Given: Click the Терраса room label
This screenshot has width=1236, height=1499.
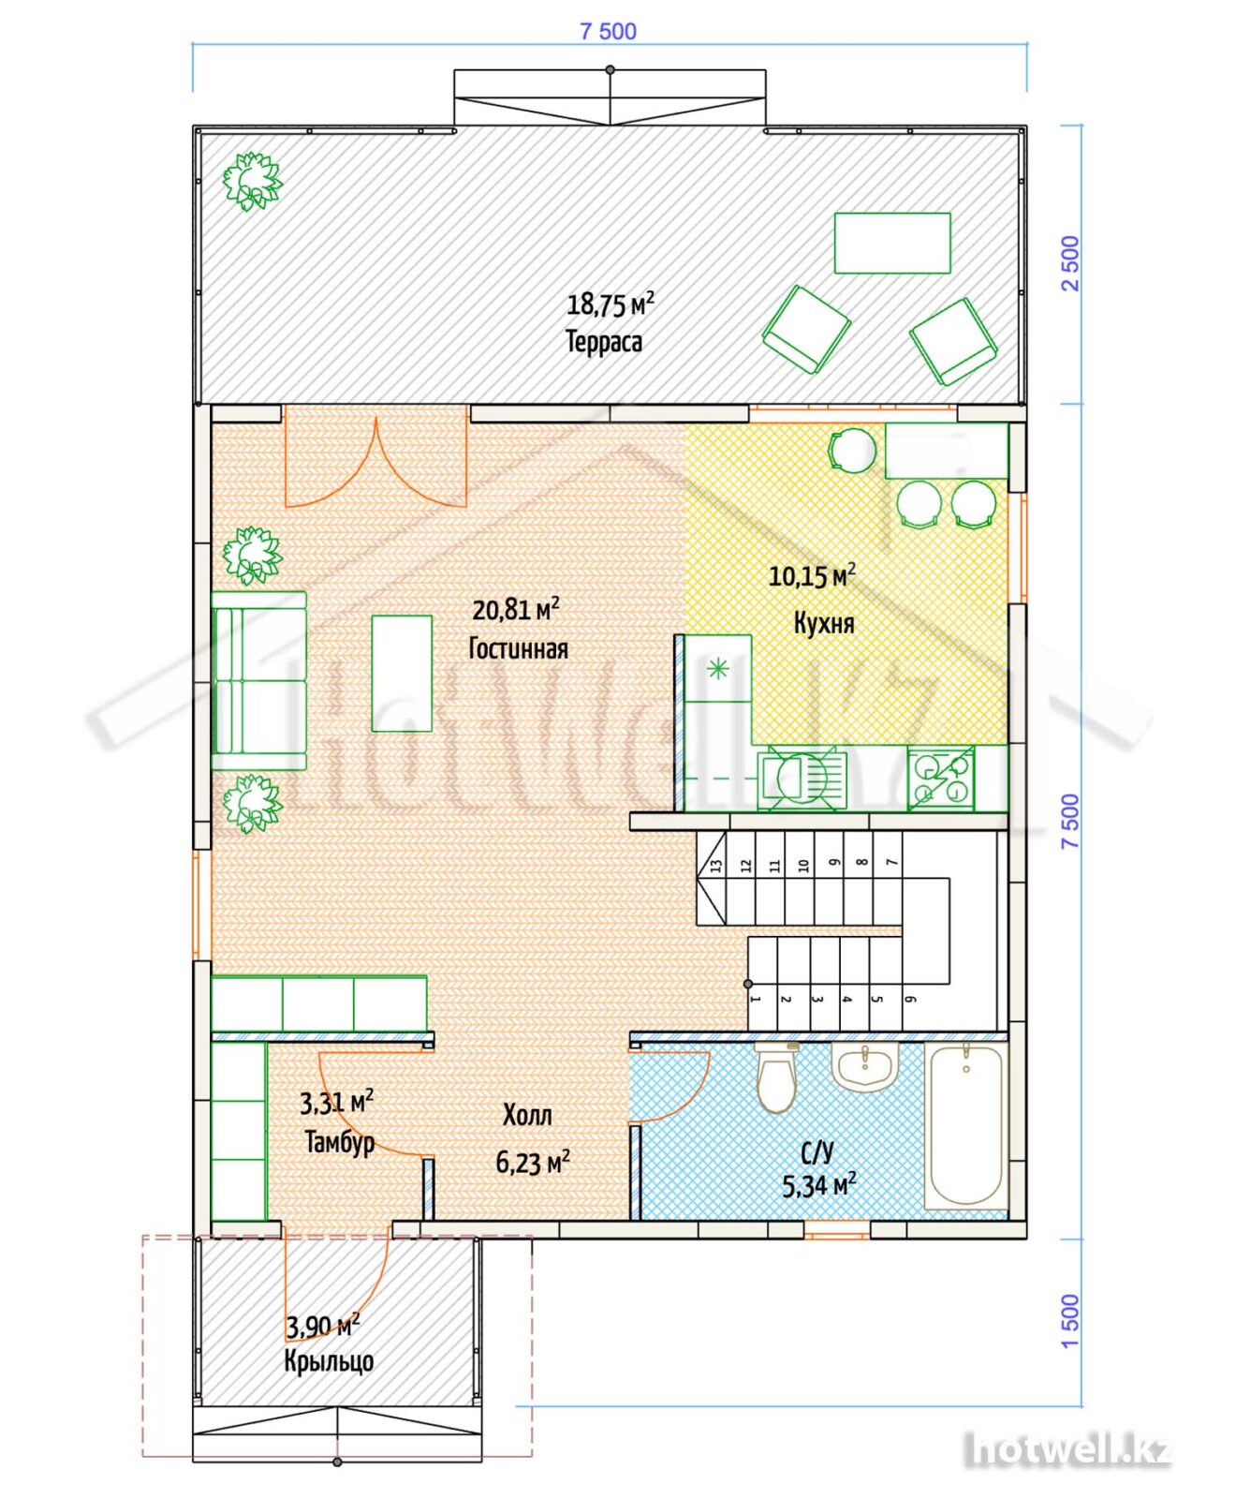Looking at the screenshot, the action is pos(604,341).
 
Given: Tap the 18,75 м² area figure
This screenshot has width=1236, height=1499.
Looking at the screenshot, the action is pos(611,304).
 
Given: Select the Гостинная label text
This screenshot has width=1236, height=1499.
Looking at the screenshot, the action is pos(518,648).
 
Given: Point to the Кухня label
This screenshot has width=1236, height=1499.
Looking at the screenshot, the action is pos(824,623).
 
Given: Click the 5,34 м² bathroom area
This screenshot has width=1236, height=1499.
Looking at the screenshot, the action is pos(819,1185).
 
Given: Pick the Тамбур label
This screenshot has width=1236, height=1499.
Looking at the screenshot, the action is pos(340,1142).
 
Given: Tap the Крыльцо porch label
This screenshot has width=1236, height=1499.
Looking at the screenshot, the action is pos(329,1360).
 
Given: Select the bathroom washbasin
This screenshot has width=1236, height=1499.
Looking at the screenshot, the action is pos(864,1067).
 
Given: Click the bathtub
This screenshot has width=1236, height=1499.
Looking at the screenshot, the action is pos(966,1126).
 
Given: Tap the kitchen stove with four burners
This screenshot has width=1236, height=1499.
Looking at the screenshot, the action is pos(941,779).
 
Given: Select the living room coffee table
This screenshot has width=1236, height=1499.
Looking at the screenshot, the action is pos(402,673).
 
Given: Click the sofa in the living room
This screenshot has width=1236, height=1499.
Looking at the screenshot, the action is pos(259,680).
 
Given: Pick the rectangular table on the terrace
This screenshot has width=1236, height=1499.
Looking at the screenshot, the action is pos(892,244).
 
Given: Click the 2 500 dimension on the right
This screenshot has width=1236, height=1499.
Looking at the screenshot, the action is pos(1070,263).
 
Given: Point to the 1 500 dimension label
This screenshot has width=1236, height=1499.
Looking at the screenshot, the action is pos(1070,1321).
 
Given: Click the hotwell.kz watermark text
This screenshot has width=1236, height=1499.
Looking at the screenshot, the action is pos(1067,1450).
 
